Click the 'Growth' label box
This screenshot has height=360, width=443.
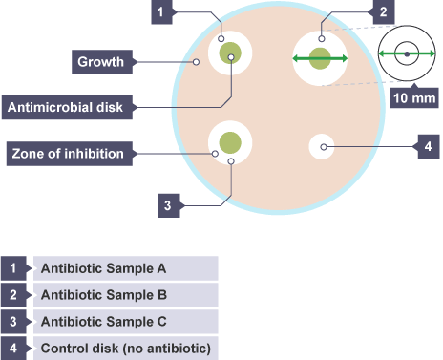102,62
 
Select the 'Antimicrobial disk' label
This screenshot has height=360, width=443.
67,107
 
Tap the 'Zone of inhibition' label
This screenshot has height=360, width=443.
70,154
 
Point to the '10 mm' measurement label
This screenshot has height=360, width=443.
414,98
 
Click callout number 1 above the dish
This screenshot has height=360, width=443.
161,12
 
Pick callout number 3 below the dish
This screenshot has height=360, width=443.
169,205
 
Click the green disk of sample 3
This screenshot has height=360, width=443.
230,142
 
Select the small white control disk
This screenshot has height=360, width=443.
322,146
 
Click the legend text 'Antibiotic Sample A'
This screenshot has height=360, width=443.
103,268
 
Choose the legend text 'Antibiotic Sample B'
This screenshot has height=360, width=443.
104,295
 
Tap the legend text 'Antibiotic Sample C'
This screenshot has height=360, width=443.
104,322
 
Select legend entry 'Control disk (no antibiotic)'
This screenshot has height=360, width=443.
126,349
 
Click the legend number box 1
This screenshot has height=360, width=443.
13,268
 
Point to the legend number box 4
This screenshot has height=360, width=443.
13,349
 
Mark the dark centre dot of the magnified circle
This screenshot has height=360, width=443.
407,54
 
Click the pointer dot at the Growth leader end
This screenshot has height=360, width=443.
196,62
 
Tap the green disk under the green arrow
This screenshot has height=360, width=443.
320,58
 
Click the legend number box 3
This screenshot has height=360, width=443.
13,322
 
